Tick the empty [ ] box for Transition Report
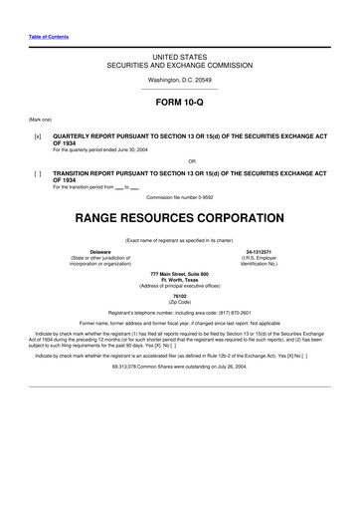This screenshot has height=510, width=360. click(37, 171)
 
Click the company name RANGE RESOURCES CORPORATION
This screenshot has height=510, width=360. click(179, 215)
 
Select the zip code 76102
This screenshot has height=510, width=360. click(179, 296)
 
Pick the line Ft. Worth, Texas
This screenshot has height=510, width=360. click(179, 280)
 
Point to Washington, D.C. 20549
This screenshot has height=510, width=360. click(179, 79)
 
